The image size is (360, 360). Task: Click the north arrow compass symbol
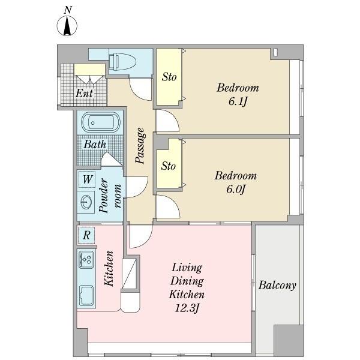[67, 25]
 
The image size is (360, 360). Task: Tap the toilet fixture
[122, 62]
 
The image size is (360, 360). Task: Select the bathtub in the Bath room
[101, 122]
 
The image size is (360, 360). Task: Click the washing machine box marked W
[87, 179]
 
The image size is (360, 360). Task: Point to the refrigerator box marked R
[86, 235]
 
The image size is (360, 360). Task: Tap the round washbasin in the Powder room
[86, 202]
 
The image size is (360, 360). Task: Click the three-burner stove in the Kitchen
[86, 259]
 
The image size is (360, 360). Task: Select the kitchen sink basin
[86, 296]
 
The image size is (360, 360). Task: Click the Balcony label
[277, 286]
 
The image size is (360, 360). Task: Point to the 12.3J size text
[187, 308]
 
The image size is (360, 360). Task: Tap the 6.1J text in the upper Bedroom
[238, 101]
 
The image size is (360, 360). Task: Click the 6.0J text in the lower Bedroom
[236, 190]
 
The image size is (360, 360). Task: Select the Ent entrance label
[84, 93]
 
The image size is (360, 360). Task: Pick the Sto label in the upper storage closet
[169, 77]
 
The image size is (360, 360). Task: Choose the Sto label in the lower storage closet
[168, 166]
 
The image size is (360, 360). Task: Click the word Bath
[95, 145]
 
